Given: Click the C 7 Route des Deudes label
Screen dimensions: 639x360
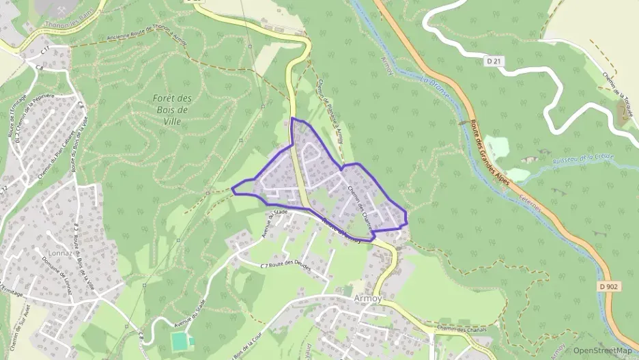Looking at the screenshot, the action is tap(286, 266).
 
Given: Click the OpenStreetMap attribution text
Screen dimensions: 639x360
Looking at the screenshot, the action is tap(603, 350).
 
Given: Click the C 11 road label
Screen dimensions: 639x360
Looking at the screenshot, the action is tap(46, 51).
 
